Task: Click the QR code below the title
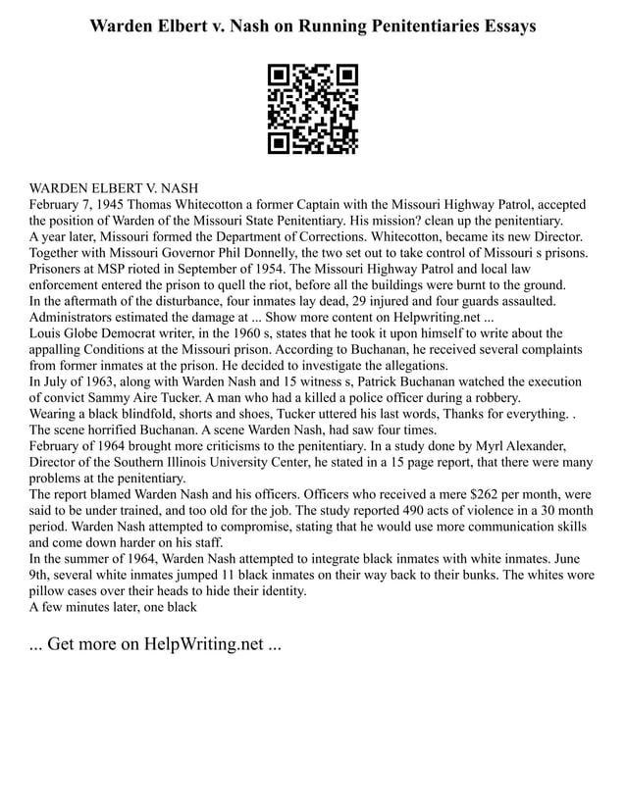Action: coord(313,109)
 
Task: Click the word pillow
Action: coord(50,589)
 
